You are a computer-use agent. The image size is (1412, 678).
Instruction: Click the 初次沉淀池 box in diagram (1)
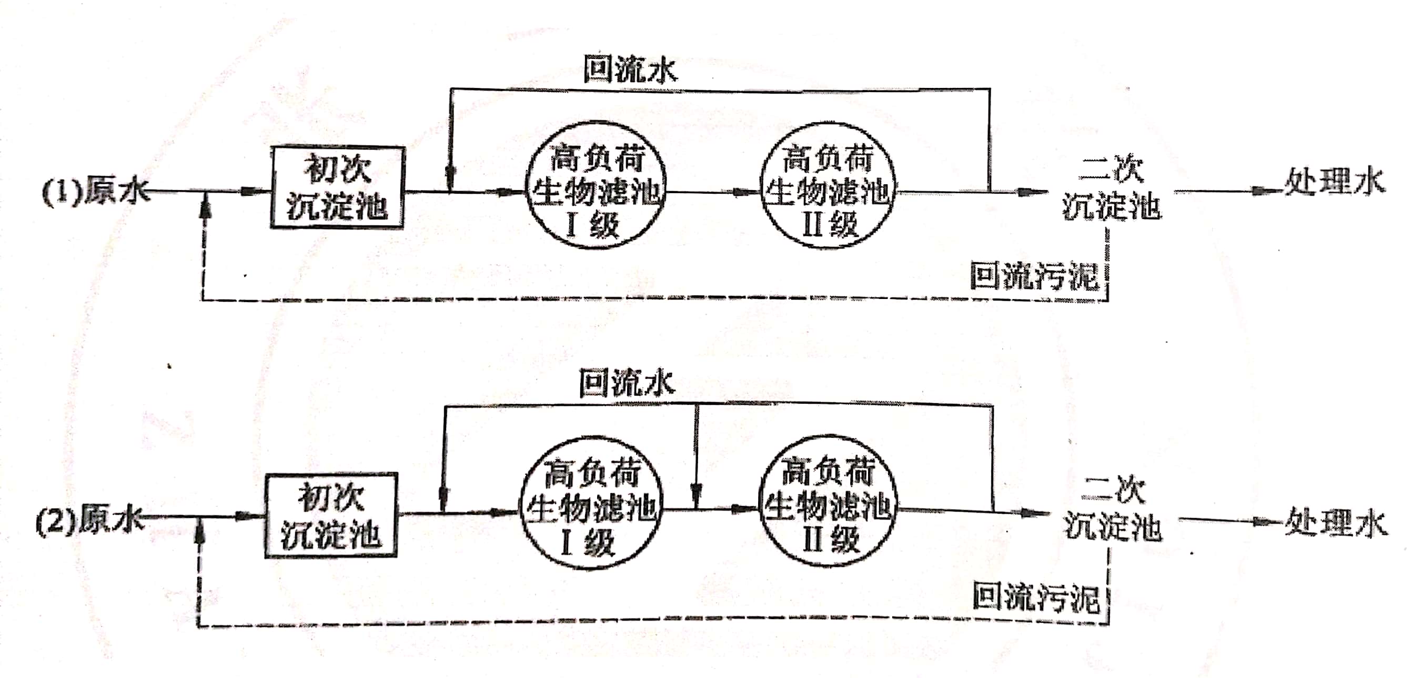click(x=337, y=187)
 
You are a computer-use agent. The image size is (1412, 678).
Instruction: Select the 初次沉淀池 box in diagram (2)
click(x=331, y=514)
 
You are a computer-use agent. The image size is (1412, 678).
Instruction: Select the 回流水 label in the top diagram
click(x=630, y=70)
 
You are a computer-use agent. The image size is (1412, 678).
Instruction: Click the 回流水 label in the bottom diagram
click(x=626, y=382)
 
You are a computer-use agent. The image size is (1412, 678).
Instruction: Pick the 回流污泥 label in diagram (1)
click(x=1035, y=276)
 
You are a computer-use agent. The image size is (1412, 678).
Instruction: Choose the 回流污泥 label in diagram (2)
click(x=1036, y=597)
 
